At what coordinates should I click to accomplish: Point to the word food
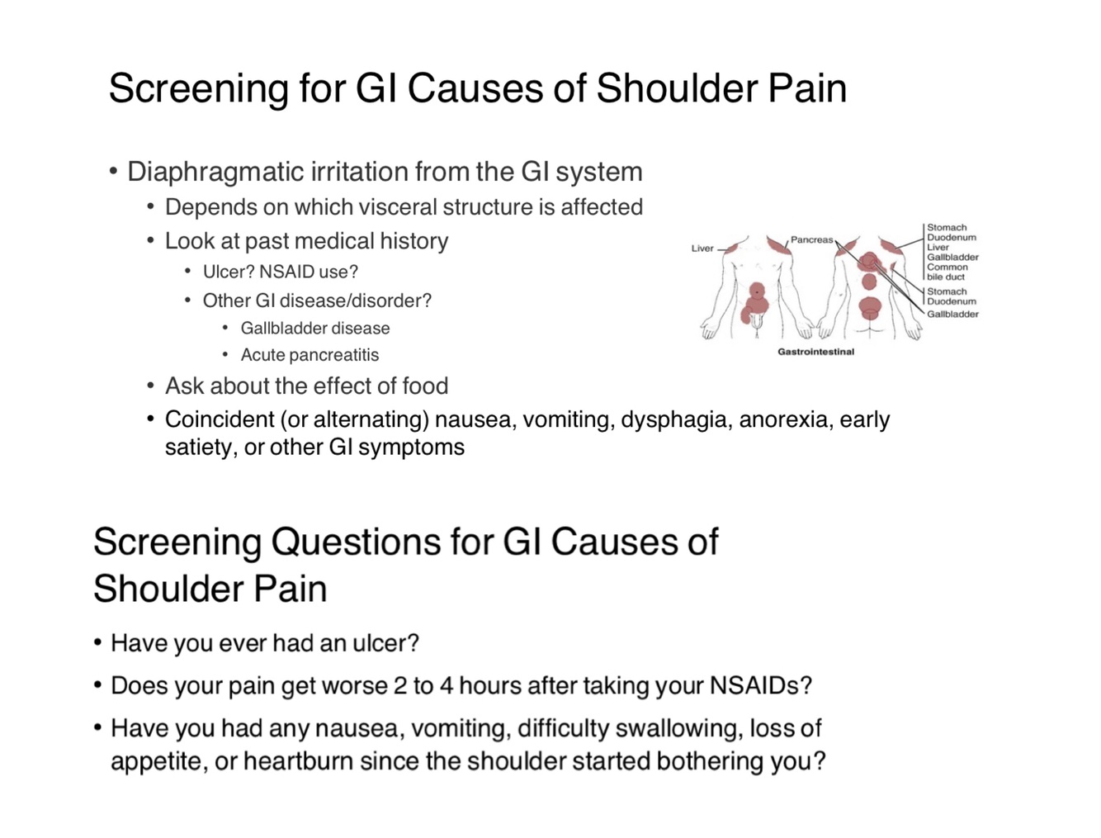pyautogui.click(x=425, y=386)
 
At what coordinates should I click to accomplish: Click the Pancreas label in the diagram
pyautogui.click(x=811, y=240)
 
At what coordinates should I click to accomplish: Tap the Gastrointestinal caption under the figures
pyautogui.click(x=815, y=352)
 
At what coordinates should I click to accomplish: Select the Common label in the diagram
pyautogui.click(x=947, y=267)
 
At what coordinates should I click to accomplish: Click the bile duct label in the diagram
pyautogui.click(x=945, y=277)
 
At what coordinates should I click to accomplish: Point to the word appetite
pyautogui.click(x=157, y=761)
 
